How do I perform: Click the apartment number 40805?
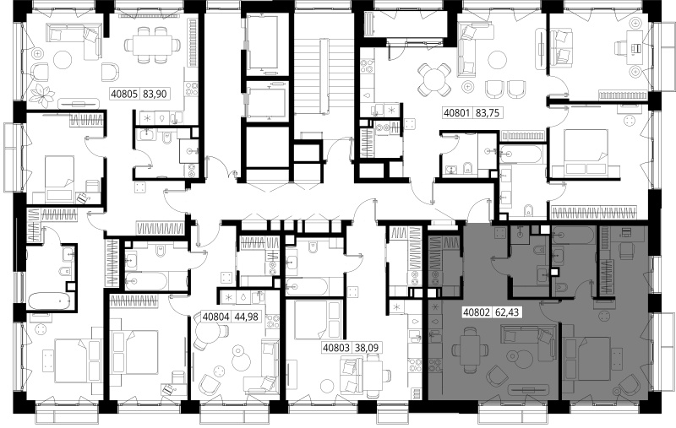coord(124,94)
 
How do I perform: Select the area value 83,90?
coord(155,94)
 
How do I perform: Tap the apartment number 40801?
coord(457,113)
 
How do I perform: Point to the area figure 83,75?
coord(488,113)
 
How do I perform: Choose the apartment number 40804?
coord(215,317)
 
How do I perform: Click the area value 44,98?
coord(246,317)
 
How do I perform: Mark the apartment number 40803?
coord(336,348)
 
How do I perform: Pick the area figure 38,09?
coord(367,348)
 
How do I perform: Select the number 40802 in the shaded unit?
coord(477,312)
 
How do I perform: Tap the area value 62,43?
coord(507,312)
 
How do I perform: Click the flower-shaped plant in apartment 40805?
coord(43,95)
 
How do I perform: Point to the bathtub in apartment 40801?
coord(520,154)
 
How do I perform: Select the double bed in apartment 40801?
coord(585,154)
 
